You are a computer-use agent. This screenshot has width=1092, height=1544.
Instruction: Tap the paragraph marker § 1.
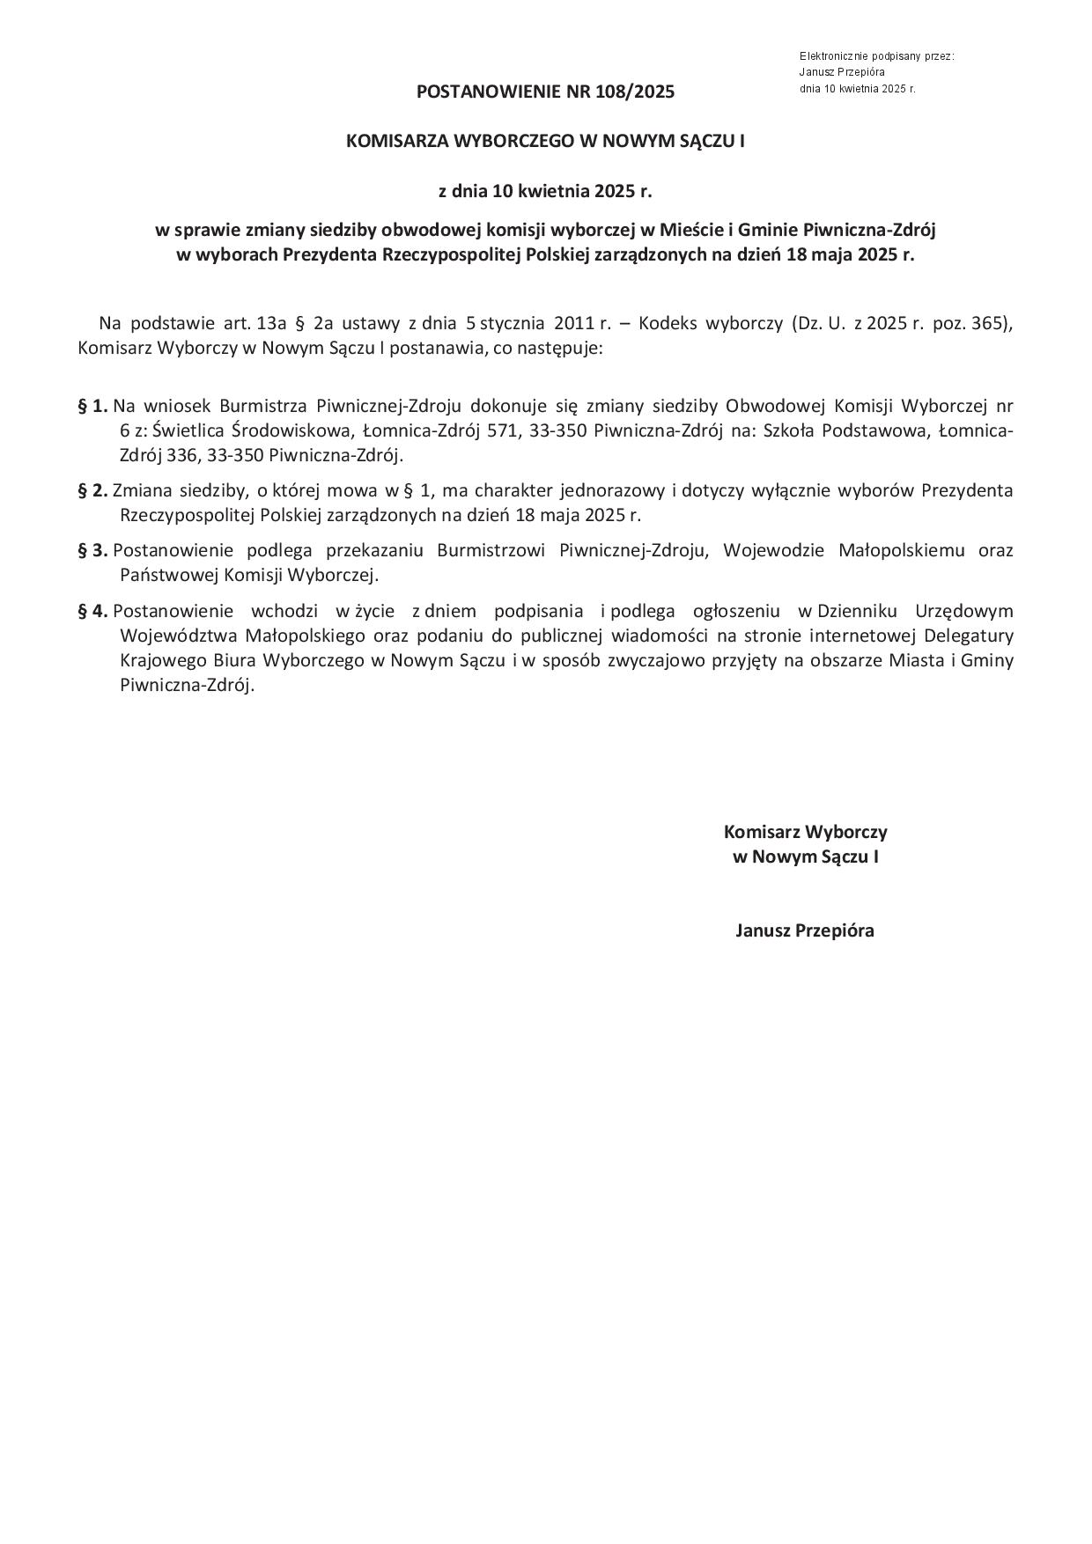92,407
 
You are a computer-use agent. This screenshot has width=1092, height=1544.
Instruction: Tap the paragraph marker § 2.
92,490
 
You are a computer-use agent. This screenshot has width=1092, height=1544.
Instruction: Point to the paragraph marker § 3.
92,551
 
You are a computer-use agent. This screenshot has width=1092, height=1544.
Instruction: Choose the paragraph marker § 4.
92,612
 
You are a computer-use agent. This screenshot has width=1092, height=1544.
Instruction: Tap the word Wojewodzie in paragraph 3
773,551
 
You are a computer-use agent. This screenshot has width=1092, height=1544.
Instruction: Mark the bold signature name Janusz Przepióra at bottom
805,931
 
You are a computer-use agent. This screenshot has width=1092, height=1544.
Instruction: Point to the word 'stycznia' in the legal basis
513,323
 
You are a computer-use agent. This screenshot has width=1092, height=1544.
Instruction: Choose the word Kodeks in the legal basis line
668,323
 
